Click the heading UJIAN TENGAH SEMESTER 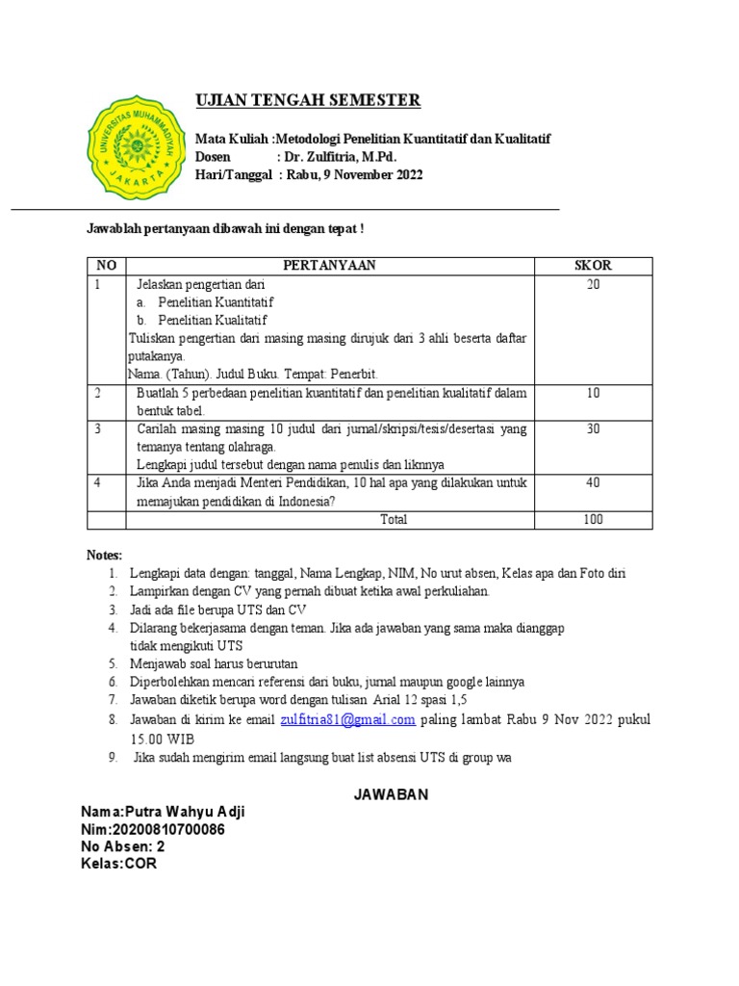pyautogui.click(x=308, y=100)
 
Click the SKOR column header pyautogui.click(x=593, y=266)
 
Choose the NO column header pyautogui.click(x=106, y=266)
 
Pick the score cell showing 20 pyautogui.click(x=593, y=285)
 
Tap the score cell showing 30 pyautogui.click(x=593, y=429)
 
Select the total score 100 pyautogui.click(x=593, y=520)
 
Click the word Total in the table pyautogui.click(x=394, y=520)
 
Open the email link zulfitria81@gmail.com pyautogui.click(x=347, y=720)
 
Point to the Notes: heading pyautogui.click(x=105, y=556)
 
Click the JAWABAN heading pyautogui.click(x=388, y=795)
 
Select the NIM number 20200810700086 pyautogui.click(x=168, y=830)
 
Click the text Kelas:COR pyautogui.click(x=119, y=864)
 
